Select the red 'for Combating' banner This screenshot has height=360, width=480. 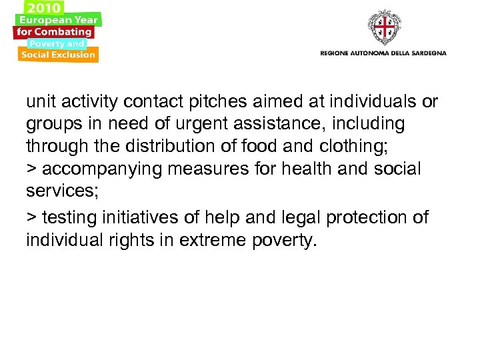click(55, 31)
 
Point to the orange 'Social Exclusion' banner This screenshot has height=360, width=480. click(58, 55)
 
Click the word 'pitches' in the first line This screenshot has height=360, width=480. click(221, 102)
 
